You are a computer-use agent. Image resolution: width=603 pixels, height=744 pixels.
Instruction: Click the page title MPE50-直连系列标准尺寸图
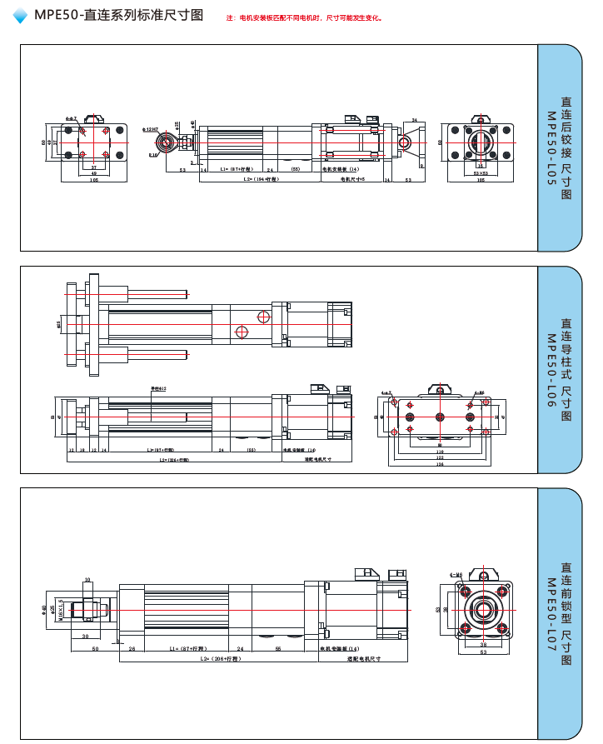click(x=120, y=16)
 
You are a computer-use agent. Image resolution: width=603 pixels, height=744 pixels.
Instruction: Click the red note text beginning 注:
click(x=305, y=17)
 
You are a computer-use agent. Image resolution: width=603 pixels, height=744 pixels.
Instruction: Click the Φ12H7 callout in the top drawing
click(x=151, y=130)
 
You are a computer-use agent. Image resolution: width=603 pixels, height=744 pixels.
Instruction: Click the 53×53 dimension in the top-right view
click(x=481, y=173)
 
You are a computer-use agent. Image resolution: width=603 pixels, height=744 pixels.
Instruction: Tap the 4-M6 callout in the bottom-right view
click(x=456, y=574)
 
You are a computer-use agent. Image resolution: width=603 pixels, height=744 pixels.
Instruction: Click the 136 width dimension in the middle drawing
click(x=439, y=465)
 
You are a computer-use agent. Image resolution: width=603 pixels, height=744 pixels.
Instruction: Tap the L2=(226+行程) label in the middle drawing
click(x=170, y=459)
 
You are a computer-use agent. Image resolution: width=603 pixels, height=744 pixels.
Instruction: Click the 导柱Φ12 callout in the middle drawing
click(x=157, y=388)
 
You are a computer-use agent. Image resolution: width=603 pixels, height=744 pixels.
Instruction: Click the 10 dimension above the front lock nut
click(x=87, y=579)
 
